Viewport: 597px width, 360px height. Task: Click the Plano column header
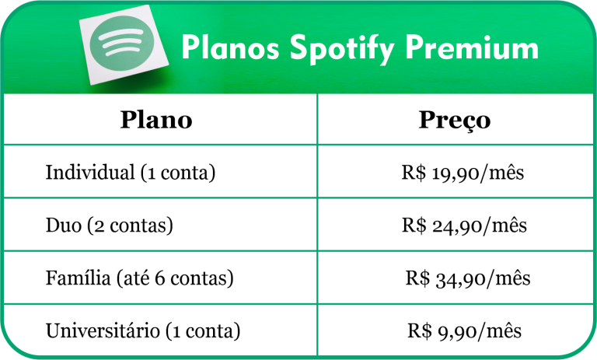(156, 121)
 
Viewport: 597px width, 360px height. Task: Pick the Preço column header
(455, 121)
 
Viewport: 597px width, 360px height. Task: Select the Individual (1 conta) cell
(130, 172)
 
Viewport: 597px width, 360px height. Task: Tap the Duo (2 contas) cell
(109, 225)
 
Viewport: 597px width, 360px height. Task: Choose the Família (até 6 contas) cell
(140, 278)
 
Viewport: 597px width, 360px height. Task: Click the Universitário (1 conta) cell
(143, 330)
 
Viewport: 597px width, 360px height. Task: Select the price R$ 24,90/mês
(464, 225)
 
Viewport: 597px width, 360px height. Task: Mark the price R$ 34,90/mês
(467, 278)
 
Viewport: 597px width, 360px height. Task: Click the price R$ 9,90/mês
(464, 330)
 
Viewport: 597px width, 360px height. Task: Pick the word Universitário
(103, 330)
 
